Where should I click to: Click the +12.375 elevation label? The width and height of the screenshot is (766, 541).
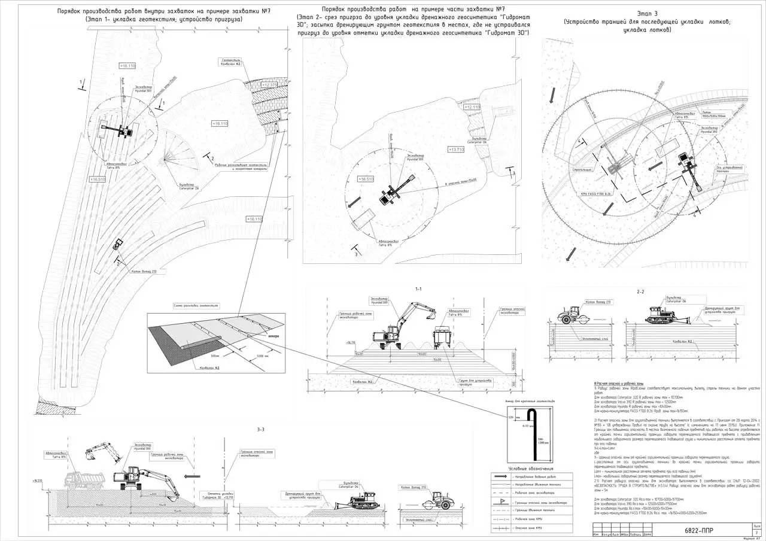[x=269, y=85]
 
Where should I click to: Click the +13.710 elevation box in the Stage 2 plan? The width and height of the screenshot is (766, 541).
[x=456, y=149]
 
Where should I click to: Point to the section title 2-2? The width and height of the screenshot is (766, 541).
[x=640, y=291]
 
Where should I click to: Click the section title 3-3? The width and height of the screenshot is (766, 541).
[x=260, y=430]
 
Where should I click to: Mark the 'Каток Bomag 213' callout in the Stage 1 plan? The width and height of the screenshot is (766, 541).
[x=144, y=271]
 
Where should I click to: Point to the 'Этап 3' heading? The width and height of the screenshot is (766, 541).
[x=646, y=12]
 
